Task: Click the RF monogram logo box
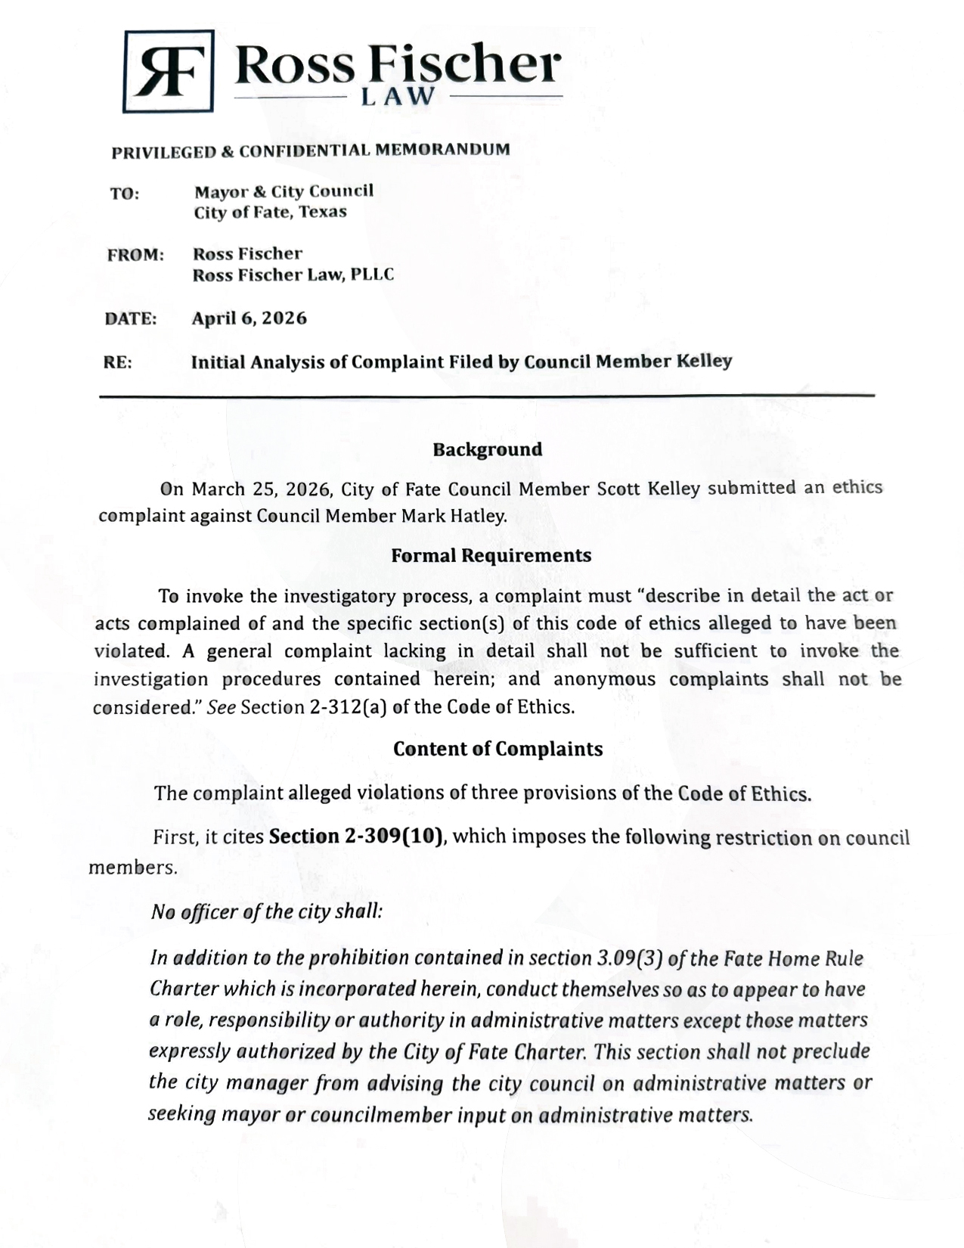(168, 71)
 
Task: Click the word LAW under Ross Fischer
(398, 97)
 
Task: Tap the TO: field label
(125, 194)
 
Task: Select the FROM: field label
(135, 255)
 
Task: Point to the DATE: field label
(131, 318)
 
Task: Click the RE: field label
(117, 362)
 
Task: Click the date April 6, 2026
(249, 318)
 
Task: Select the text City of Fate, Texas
(270, 212)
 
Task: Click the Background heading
(487, 449)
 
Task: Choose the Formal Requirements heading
(491, 555)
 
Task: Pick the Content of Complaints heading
(497, 749)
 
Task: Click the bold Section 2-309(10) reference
(356, 837)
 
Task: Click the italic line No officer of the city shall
(267, 911)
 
